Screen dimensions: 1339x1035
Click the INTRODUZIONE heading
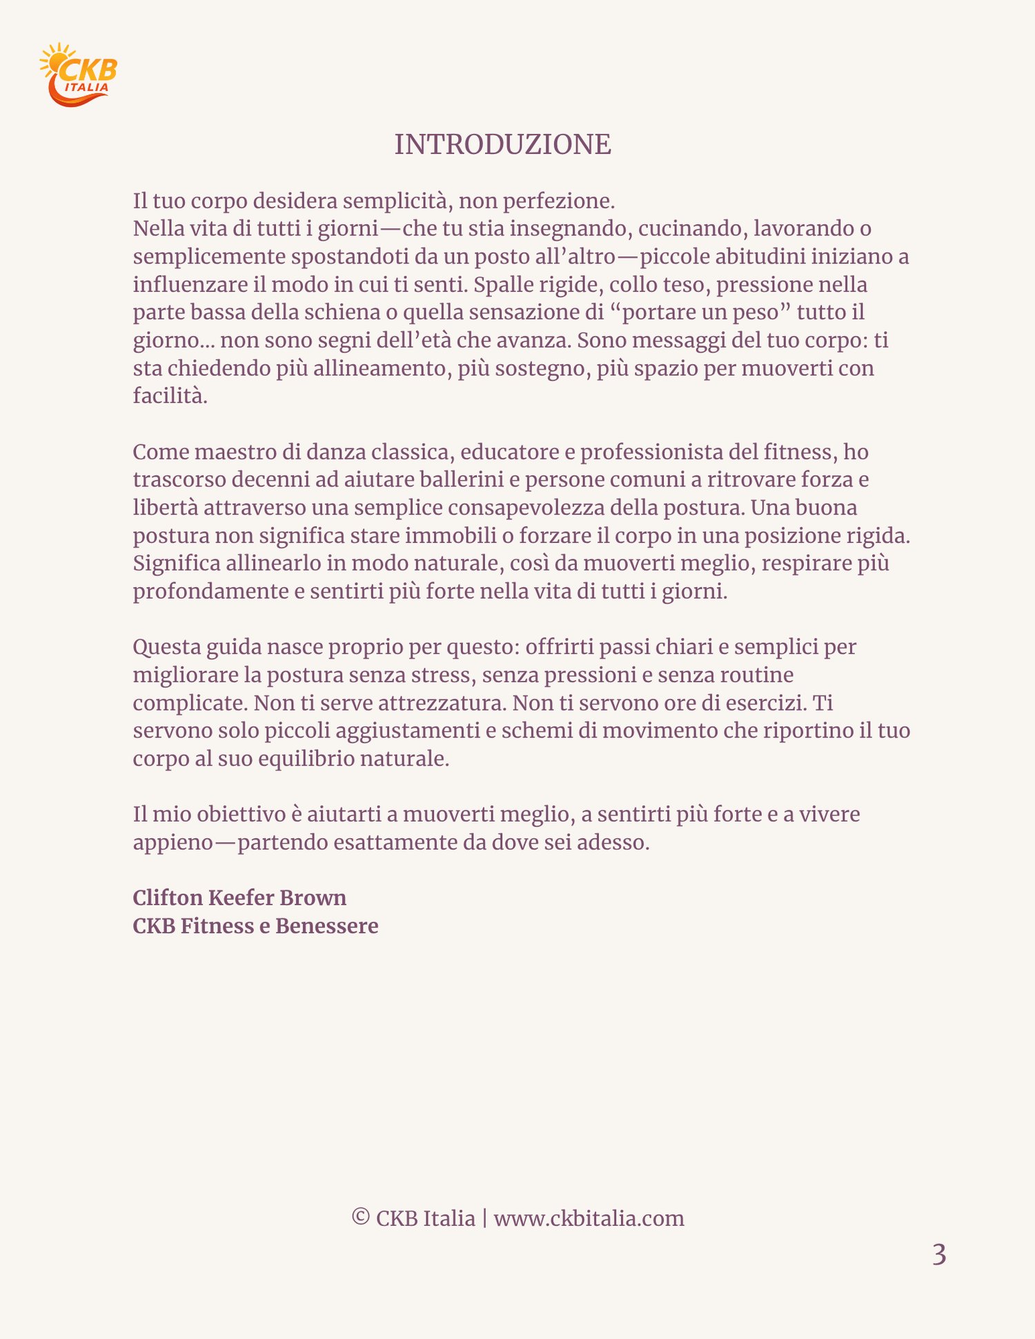(502, 145)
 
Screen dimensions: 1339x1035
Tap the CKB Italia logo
(78, 75)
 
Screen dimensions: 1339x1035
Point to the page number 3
(939, 1255)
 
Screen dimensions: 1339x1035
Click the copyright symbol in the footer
(360, 1217)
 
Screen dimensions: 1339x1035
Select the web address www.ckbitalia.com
(589, 1218)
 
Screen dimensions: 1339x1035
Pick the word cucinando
(690, 228)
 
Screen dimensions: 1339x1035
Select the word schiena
(343, 313)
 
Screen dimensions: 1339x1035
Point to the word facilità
(170, 396)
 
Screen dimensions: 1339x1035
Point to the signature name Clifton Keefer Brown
(239, 897)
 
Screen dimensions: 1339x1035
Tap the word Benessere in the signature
(326, 926)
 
